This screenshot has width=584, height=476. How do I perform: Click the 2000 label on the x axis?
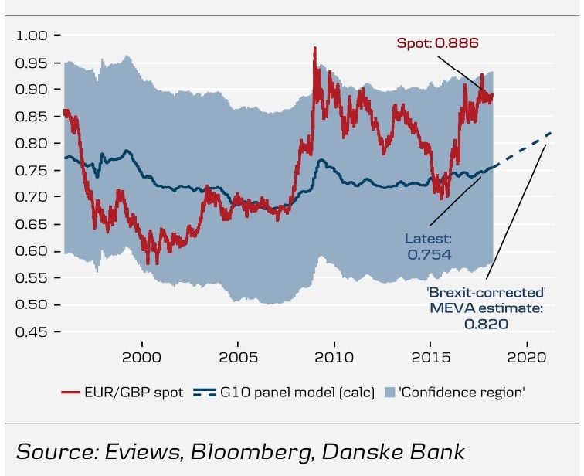pyautogui.click(x=142, y=357)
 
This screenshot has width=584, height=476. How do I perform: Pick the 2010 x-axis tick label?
pyautogui.click(x=334, y=357)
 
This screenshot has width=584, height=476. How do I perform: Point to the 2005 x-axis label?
pyautogui.click(x=238, y=357)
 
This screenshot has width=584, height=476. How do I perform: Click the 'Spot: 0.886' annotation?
pyautogui.click(x=437, y=43)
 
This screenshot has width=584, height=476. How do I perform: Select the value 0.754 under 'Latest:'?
pyautogui.click(x=430, y=253)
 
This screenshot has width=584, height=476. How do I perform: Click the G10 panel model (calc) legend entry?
pyautogui.click(x=284, y=393)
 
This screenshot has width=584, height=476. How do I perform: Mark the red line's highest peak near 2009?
pyautogui.click(x=315, y=49)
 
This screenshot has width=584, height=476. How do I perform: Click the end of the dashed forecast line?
pyautogui.click(x=552, y=133)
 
